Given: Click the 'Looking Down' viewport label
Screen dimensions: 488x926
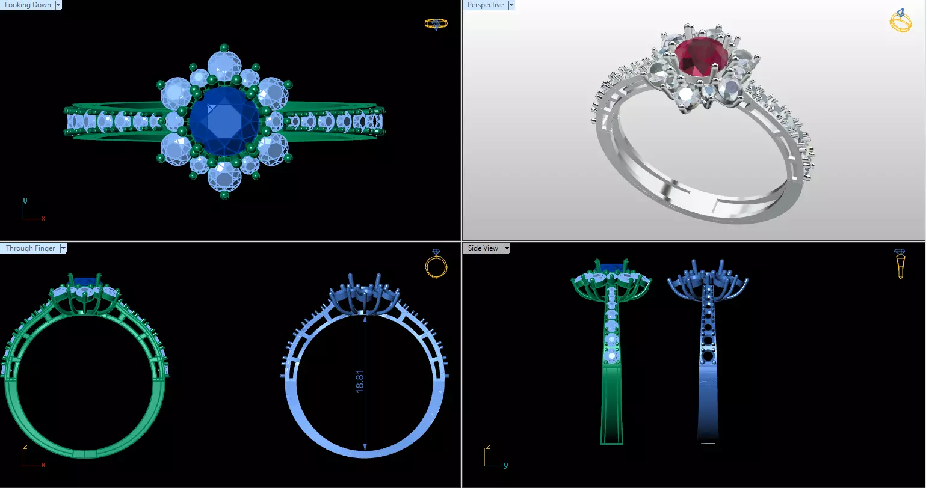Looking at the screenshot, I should click(x=28, y=5).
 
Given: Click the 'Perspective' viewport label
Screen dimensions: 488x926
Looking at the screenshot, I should click(x=485, y=5).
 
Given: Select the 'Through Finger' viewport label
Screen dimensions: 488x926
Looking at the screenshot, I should click(x=30, y=248).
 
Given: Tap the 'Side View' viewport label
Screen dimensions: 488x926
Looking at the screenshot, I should click(x=483, y=248).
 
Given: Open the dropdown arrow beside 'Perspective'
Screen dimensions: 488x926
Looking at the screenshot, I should click(x=511, y=5).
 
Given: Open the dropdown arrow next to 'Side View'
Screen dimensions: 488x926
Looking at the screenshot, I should click(x=507, y=248).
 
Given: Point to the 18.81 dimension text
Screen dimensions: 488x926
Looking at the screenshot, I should click(x=360, y=381).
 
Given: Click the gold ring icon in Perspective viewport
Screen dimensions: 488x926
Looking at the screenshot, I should click(x=900, y=20).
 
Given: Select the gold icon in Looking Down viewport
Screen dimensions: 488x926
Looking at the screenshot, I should click(x=436, y=24).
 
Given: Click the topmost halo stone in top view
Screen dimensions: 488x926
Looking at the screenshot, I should click(x=224, y=66).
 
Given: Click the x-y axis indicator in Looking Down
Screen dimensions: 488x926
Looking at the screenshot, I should click(x=31, y=212).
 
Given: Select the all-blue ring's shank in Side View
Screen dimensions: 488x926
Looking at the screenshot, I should click(x=708, y=391).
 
